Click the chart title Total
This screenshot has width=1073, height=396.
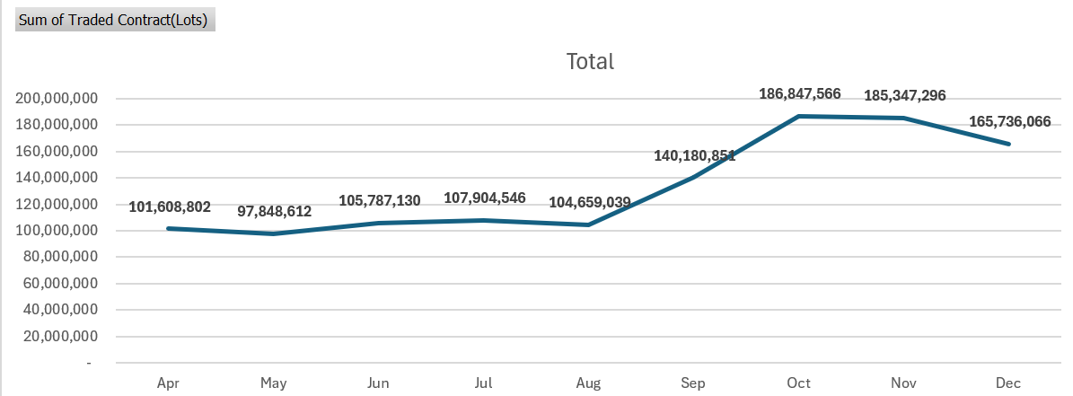click(x=590, y=61)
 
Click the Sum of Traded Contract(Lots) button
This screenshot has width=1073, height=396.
click(x=113, y=20)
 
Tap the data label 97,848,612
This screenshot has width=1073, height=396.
click(x=274, y=212)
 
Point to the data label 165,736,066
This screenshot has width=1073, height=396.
click(x=1009, y=121)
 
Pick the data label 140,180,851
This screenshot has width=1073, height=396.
click(x=694, y=155)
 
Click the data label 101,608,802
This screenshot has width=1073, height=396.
click(x=169, y=207)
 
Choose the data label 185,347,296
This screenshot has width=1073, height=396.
click(x=904, y=95)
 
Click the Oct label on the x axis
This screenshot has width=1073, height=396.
click(x=798, y=383)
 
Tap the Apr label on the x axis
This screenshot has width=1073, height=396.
click(x=168, y=383)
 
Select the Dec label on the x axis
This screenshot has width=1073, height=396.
click(x=1009, y=383)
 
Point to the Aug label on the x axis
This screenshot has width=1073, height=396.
click(x=588, y=383)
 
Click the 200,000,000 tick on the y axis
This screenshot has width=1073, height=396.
click(x=56, y=99)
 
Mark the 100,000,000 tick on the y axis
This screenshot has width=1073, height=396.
click(x=56, y=231)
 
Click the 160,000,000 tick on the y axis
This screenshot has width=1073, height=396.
click(x=56, y=152)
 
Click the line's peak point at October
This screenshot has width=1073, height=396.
click(x=798, y=117)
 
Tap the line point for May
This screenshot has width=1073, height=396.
click(x=274, y=233)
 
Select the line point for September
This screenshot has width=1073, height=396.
click(x=694, y=178)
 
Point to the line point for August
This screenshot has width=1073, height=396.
click(x=588, y=224)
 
